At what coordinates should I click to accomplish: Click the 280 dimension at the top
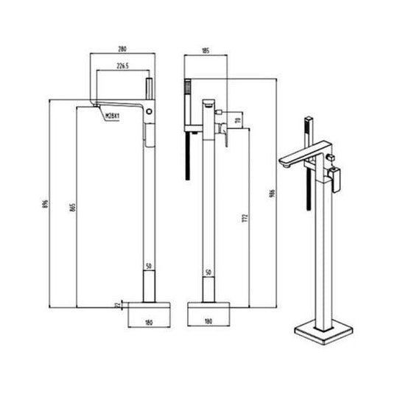point(122,49)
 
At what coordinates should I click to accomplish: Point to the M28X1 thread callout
point(113,116)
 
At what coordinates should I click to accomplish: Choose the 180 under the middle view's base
point(208,322)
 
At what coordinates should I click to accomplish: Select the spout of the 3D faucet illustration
point(299,159)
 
